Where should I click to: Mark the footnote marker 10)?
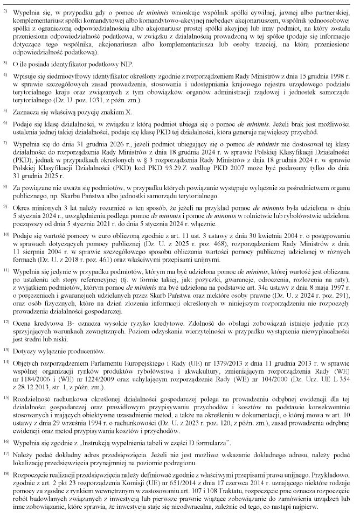6,234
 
